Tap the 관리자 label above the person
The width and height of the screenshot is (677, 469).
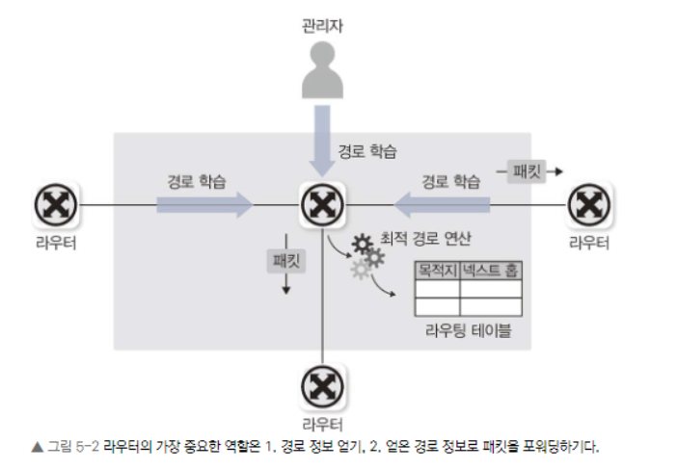(320, 22)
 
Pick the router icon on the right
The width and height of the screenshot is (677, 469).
(586, 204)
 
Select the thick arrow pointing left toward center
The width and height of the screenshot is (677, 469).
(441, 204)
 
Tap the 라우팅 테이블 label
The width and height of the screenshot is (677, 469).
(468, 331)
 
